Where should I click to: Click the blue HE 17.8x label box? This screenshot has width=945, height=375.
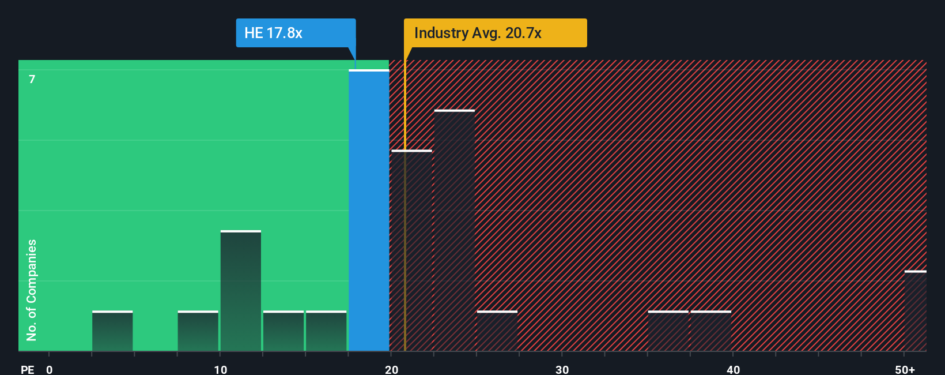coord(296,33)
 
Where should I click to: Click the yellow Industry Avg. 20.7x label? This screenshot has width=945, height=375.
coord(495,33)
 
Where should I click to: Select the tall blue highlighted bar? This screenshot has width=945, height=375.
coord(369,211)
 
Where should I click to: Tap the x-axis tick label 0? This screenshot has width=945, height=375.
coord(50,369)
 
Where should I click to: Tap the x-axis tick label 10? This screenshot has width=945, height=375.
coord(220,369)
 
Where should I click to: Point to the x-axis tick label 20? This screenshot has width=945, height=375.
coord(391,369)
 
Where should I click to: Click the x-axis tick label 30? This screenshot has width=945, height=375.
coord(562,369)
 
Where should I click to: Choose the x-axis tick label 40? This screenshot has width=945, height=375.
coord(733,369)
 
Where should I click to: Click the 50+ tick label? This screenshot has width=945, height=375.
coord(905,369)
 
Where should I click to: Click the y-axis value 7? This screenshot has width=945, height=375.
coord(32,79)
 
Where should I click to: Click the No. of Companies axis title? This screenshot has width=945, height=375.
coord(32,290)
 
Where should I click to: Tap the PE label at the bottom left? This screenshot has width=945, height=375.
coord(27,369)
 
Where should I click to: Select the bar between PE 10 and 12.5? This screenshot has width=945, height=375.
coord(241,291)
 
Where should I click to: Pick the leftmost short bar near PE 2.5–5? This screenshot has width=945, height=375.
coord(112,331)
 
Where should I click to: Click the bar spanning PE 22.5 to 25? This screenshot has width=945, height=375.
coord(454,231)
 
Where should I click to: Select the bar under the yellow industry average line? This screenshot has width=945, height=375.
coord(411,250)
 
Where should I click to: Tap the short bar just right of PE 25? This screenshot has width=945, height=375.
coord(497,331)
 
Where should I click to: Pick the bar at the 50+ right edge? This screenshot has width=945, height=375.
coord(915,311)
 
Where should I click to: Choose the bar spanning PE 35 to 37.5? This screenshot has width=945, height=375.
coord(668,331)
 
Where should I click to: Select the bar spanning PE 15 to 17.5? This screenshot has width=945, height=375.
coord(326,331)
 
